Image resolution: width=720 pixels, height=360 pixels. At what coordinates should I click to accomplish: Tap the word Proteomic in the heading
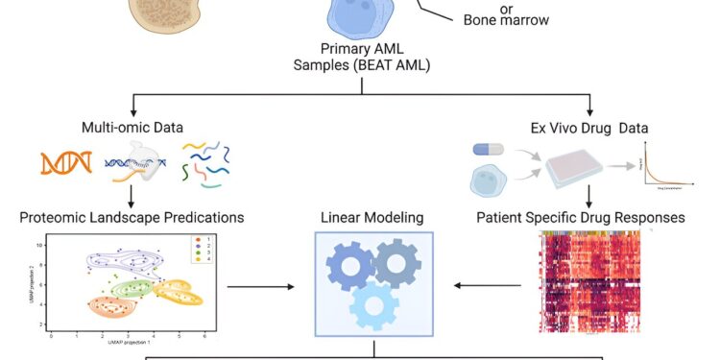(51, 218)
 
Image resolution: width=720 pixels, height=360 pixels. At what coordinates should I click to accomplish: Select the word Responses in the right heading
(650, 218)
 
